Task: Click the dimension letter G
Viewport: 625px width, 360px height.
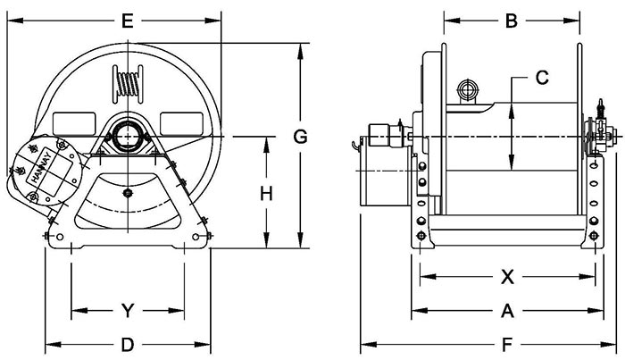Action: [301, 137]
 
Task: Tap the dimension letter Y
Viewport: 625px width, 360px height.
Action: [127, 311]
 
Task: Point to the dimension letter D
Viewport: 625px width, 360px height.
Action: [127, 344]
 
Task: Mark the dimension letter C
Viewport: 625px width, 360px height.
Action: [541, 78]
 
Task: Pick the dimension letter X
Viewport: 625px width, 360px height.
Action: [507, 277]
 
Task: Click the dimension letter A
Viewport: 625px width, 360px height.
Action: [507, 311]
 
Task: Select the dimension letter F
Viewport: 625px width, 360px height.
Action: [507, 344]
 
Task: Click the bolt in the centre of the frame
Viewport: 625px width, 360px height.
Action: [128, 192]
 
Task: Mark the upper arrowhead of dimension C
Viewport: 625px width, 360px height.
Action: [511, 109]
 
